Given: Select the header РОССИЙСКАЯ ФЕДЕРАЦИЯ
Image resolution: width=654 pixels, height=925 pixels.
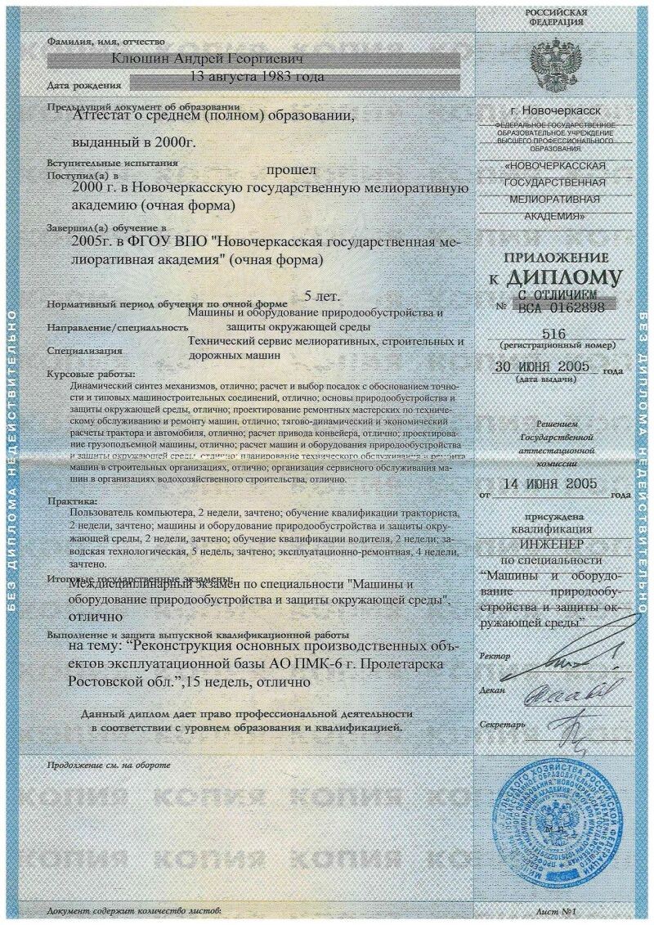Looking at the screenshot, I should (x=555, y=17).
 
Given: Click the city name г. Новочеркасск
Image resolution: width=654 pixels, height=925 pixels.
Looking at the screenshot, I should (x=555, y=109).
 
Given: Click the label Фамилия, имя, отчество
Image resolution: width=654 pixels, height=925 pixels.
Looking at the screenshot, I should (x=106, y=41).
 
